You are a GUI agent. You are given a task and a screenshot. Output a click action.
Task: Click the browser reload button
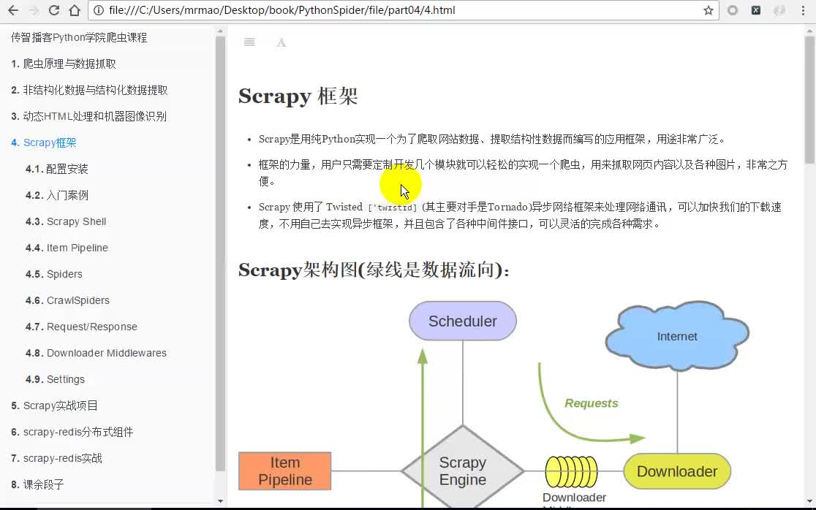tap(53, 11)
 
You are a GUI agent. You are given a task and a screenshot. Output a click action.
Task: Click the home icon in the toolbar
tap(74, 11)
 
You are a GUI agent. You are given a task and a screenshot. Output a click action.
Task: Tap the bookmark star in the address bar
tap(708, 11)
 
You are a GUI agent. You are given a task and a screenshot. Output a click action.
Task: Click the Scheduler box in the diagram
tap(462, 321)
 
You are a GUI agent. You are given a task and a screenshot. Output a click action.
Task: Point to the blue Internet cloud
tap(677, 336)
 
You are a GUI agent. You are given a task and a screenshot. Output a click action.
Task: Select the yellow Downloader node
tap(677, 471)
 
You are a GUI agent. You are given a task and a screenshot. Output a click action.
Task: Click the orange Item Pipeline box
tap(285, 471)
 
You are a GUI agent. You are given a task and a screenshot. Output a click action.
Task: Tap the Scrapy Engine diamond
tap(462, 471)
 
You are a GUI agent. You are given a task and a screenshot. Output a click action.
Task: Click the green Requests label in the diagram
tap(591, 403)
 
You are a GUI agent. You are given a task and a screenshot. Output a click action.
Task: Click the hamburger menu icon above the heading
tap(249, 42)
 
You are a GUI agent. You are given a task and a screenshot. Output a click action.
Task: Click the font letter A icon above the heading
tap(281, 42)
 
